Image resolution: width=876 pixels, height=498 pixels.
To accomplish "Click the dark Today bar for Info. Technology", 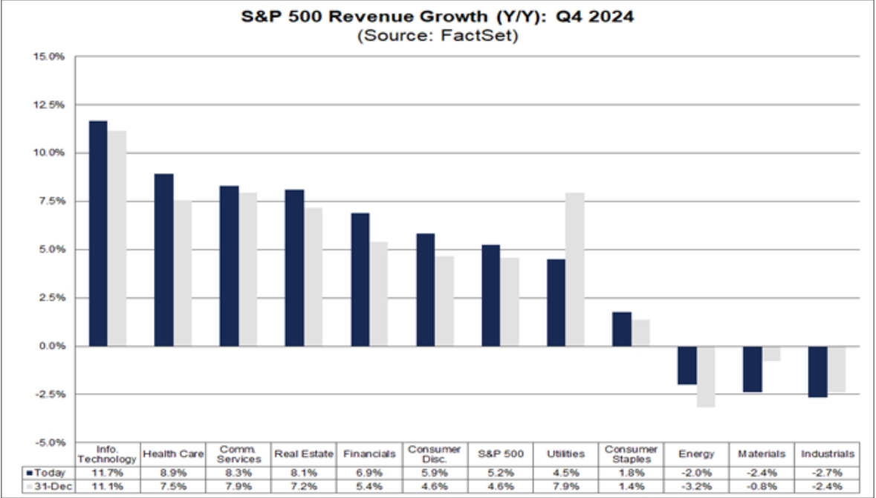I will pos(98,233).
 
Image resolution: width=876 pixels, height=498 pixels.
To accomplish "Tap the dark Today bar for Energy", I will pos(687,365).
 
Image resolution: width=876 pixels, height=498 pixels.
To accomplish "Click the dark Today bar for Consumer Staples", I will pos(622,329).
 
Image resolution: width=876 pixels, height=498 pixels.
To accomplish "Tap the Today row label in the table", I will pos(51,472).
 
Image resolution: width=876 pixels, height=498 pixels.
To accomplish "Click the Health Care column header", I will pos(172,454).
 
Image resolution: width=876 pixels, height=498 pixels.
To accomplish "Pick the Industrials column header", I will pos(827,454).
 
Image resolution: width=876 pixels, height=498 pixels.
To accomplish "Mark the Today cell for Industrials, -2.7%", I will pos(827,472).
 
